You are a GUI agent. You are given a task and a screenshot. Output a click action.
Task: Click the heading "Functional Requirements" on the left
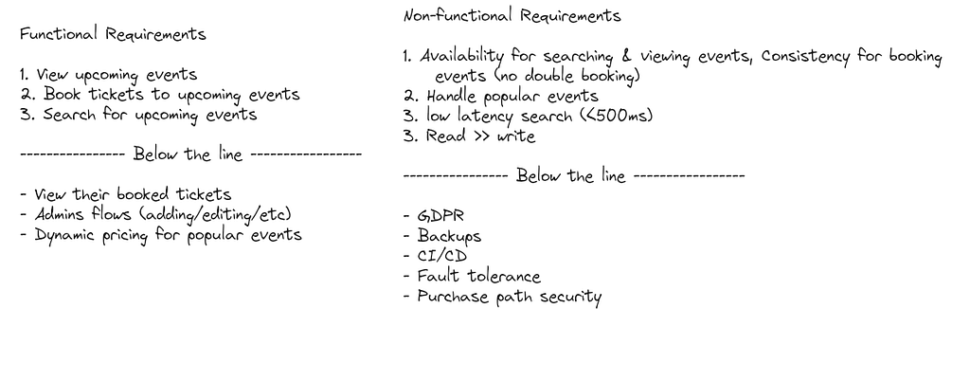113,34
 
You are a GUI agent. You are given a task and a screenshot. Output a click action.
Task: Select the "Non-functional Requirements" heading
512,15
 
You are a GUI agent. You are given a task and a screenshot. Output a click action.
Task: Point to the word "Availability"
462,57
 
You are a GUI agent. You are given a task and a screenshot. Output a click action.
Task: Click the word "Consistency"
805,57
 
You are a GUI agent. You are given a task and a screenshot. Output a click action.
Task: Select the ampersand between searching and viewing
627,56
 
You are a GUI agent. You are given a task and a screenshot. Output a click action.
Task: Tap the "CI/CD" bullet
441,256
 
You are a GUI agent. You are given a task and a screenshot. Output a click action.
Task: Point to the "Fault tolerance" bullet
478,276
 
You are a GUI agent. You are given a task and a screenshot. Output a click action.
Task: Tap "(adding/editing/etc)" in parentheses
216,214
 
